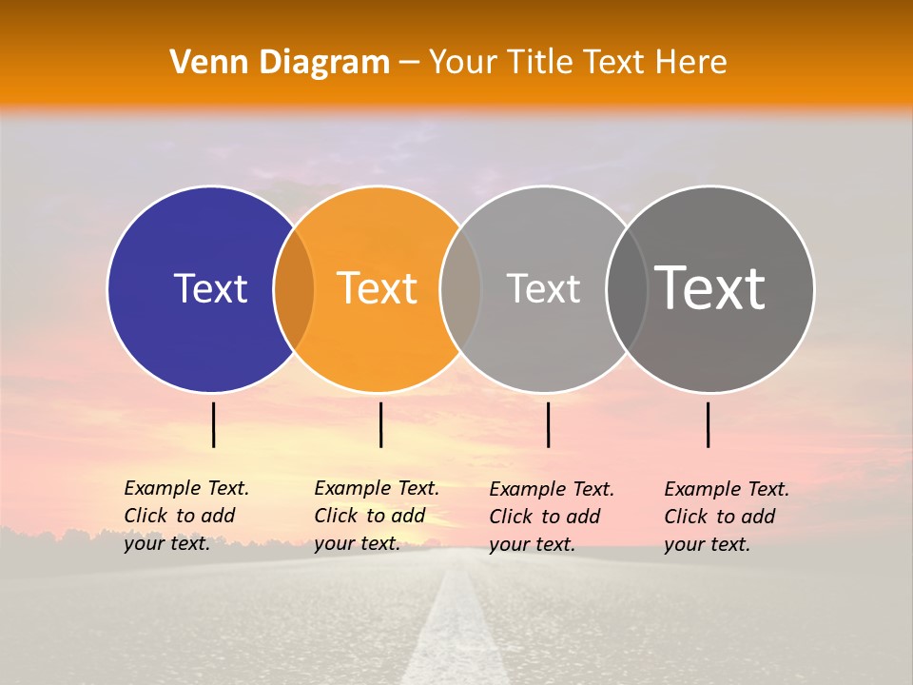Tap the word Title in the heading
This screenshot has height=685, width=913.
click(540, 63)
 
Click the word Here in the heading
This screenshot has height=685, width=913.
click(691, 63)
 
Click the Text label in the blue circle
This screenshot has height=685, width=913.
click(210, 288)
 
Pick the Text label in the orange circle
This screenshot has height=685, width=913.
click(377, 288)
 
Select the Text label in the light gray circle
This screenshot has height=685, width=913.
click(543, 288)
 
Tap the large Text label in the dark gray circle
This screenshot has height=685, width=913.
click(710, 287)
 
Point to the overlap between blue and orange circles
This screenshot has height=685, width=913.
click(294, 289)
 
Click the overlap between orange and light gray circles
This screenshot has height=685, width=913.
click(460, 289)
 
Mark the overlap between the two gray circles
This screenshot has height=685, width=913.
click(627, 289)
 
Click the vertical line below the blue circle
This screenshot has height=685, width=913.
click(214, 424)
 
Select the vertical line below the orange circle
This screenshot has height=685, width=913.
click(380, 424)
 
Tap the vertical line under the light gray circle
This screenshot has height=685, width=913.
click(548, 424)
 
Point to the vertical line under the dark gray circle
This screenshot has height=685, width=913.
click(709, 424)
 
